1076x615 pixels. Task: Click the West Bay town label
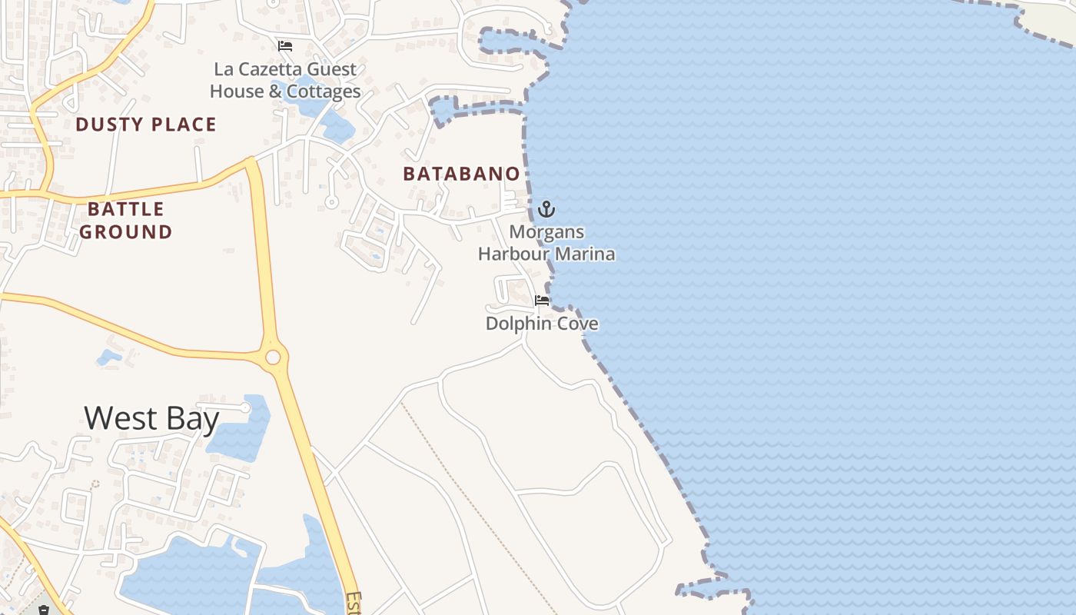pyautogui.click(x=151, y=419)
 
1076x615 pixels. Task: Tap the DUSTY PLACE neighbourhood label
pyautogui.click(x=146, y=125)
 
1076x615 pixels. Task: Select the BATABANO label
pyautogui.click(x=461, y=174)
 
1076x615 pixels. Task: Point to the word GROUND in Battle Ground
pyautogui.click(x=126, y=232)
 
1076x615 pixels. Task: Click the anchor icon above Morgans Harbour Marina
pyautogui.click(x=546, y=208)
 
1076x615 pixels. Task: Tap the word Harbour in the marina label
pyautogui.click(x=514, y=254)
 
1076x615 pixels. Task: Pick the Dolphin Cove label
pyautogui.click(x=542, y=324)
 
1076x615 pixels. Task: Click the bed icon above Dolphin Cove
pyautogui.click(x=542, y=301)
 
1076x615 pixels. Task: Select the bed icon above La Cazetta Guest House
pyautogui.click(x=285, y=46)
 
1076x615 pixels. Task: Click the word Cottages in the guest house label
pyautogui.click(x=324, y=91)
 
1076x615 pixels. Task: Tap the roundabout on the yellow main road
pyautogui.click(x=273, y=357)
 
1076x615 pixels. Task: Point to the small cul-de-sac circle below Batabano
pyautogui.click(x=331, y=202)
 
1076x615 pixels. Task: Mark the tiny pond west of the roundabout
pyautogui.click(x=108, y=357)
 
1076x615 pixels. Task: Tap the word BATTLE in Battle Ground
pyautogui.click(x=126, y=209)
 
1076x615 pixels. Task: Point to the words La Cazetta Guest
pyautogui.click(x=284, y=69)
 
